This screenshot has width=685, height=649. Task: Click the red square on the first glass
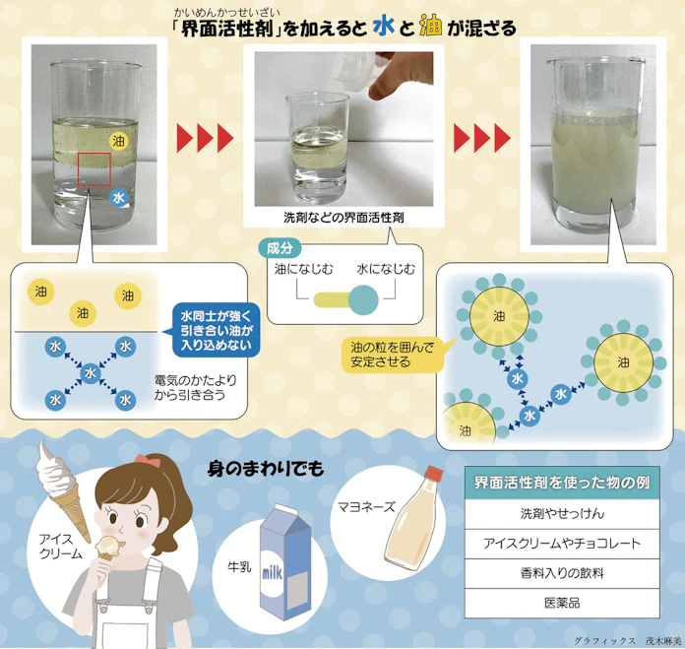tap(94, 168)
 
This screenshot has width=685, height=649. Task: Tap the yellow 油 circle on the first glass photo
tap(119, 141)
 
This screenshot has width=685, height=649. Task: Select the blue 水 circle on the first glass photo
tap(119, 198)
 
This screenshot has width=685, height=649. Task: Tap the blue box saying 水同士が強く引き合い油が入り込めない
tap(215, 329)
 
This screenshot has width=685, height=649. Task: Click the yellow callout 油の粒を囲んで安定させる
tap(387, 355)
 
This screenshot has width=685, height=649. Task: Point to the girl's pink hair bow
tap(149, 461)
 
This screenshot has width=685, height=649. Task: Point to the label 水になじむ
tap(385, 268)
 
